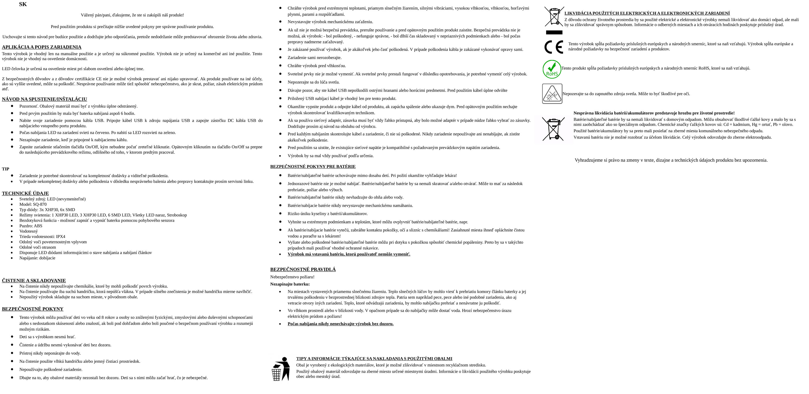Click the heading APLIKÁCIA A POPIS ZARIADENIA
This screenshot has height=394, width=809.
click(42, 47)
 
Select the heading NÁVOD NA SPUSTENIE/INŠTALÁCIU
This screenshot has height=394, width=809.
click(44, 99)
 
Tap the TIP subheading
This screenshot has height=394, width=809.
click(6, 169)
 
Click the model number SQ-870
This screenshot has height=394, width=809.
click(40, 204)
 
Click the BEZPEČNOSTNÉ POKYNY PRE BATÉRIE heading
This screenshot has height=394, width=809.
click(313, 167)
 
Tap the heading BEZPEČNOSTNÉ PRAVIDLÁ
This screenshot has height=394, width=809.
click(303, 269)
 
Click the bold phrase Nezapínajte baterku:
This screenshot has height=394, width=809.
click(290, 284)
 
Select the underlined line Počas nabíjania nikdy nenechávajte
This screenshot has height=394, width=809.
click(340, 324)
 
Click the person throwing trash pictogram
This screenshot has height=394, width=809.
click(281, 369)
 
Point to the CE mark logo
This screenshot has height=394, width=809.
click(553, 47)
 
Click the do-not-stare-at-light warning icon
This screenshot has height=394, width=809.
click(552, 94)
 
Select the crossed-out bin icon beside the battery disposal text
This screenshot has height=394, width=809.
click(553, 129)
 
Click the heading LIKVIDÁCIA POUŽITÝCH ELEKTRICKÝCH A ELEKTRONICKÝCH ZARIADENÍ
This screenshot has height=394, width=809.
click(647, 13)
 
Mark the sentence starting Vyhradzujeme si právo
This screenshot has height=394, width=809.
click(671, 160)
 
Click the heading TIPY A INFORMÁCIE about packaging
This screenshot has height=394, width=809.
click(374, 359)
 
